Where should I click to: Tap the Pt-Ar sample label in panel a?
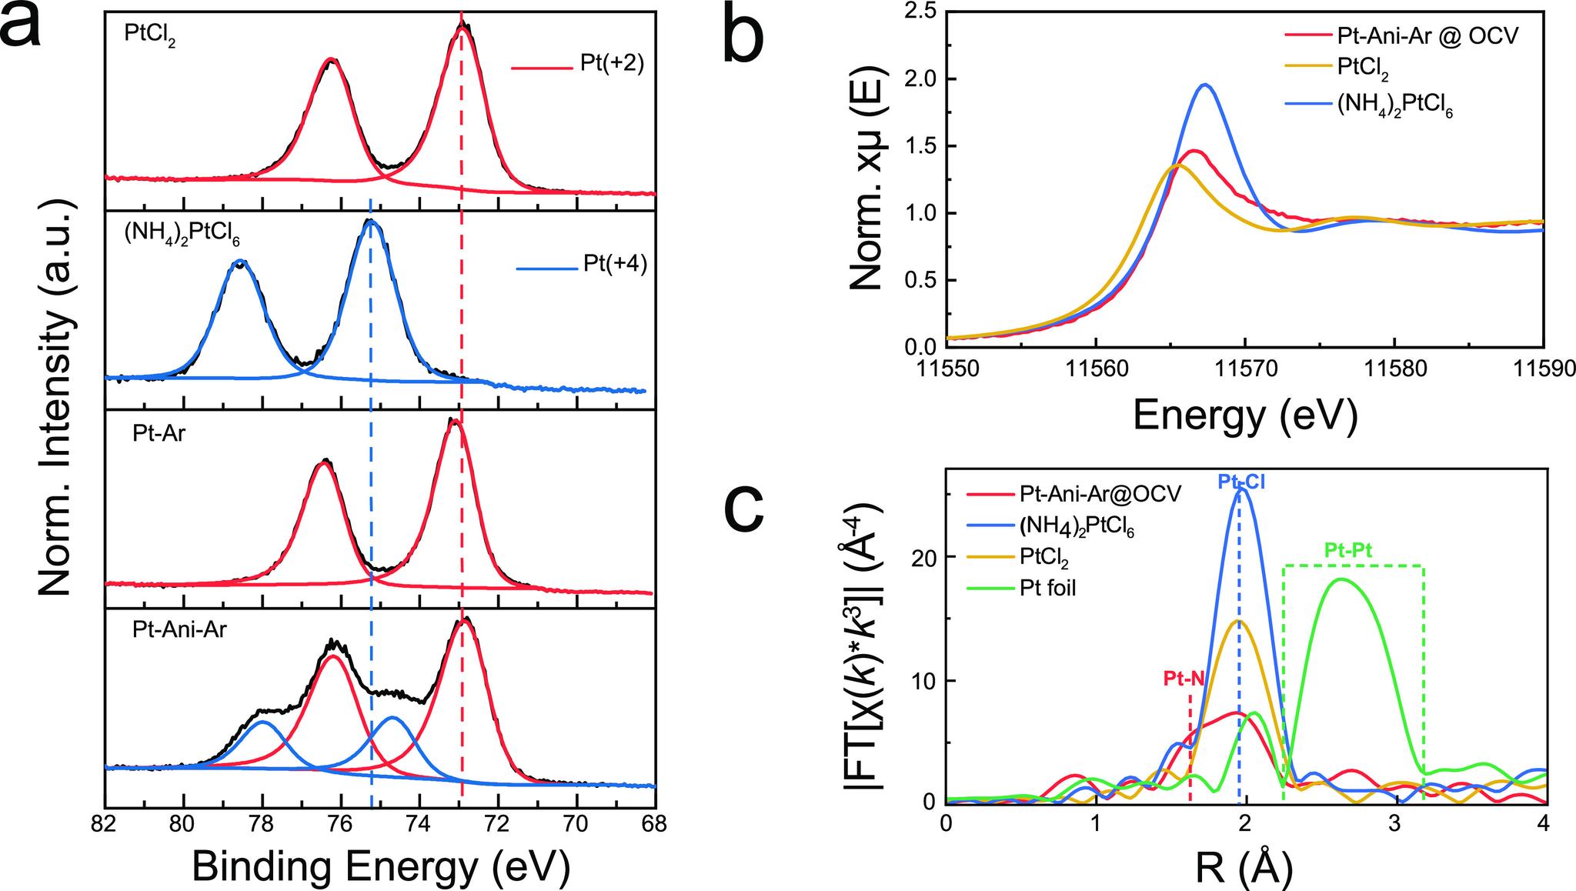159,433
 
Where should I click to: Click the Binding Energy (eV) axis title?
381,867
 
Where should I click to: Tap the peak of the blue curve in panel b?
1206,85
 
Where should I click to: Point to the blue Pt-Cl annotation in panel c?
1240,482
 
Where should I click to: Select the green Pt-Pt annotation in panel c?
1348,549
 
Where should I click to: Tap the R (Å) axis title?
1244,869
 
